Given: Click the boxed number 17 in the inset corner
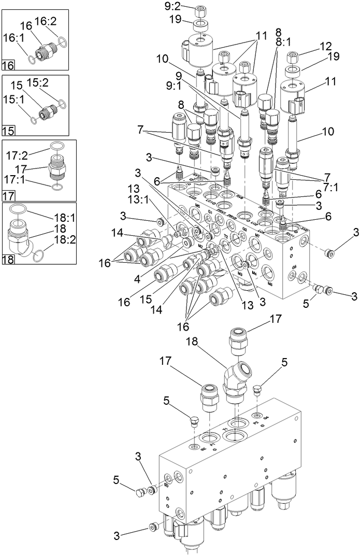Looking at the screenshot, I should click(x=8, y=195).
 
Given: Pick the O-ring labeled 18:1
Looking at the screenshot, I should click(x=21, y=209).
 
